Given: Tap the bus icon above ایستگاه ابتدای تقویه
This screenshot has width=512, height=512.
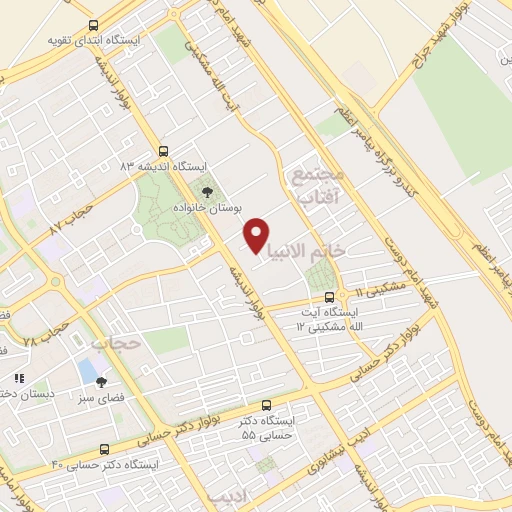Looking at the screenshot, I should (x=93, y=25).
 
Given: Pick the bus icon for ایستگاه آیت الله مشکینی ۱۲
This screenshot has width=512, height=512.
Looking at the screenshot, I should (x=330, y=296).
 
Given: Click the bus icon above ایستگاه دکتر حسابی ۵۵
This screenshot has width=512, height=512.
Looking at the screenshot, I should (x=265, y=406).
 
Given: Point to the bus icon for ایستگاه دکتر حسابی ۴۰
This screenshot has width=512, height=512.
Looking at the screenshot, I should (x=54, y=466).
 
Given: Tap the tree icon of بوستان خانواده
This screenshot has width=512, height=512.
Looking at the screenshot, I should (x=207, y=190).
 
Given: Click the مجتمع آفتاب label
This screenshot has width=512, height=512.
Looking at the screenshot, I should (x=319, y=186).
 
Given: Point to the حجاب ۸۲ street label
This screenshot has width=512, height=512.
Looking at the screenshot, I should (x=69, y=220).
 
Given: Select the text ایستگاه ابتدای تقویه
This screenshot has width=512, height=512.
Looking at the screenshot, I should (x=92, y=42).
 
